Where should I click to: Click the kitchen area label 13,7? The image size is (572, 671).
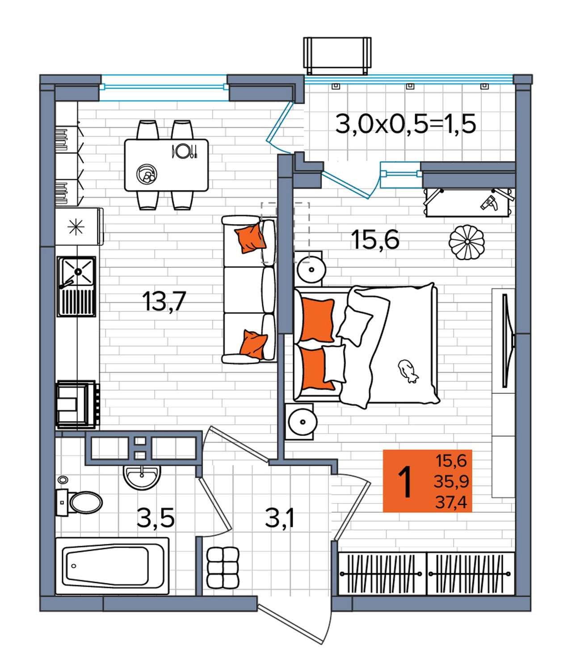164,302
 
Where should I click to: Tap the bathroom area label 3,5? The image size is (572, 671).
156,519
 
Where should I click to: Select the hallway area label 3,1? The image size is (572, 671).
280,519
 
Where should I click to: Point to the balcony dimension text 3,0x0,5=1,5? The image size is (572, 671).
406,124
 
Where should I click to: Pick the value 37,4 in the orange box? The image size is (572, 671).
451,503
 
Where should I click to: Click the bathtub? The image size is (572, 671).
112,566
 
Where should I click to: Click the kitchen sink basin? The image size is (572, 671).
77,272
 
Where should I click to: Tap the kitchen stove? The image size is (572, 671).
77,405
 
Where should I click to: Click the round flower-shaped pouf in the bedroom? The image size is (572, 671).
467,242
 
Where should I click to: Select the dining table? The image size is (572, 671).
166,165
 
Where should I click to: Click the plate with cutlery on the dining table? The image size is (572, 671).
184,151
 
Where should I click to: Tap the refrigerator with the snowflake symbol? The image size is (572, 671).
79,226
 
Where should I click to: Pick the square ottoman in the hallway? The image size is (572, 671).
223,568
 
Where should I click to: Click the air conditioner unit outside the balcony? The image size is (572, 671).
337,55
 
